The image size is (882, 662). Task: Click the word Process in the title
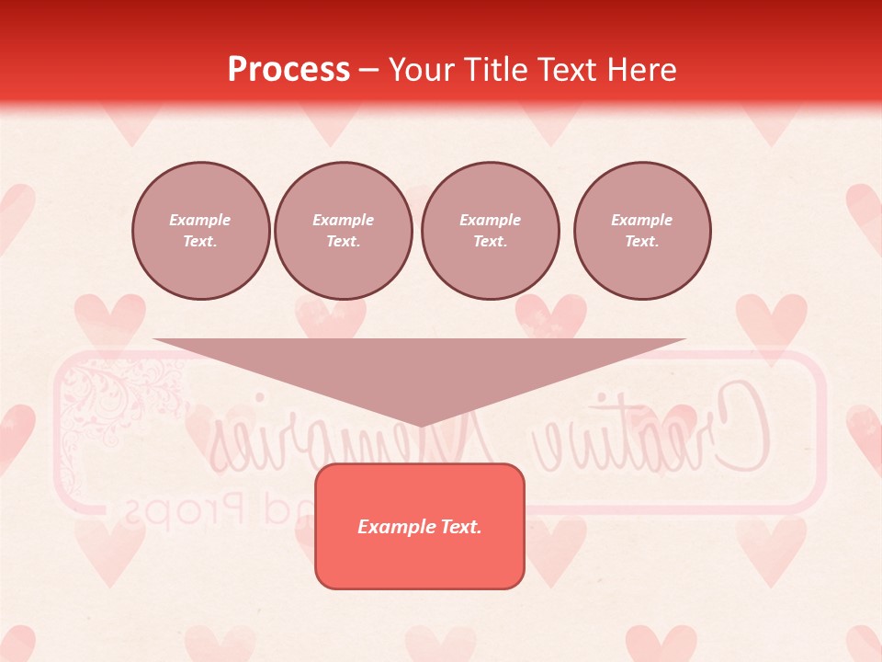(x=288, y=70)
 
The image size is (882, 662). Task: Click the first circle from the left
(x=200, y=231)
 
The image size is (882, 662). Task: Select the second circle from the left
(x=343, y=231)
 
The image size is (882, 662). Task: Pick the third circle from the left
(x=490, y=231)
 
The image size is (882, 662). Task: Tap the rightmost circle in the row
(x=641, y=231)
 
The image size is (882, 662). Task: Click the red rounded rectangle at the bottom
(x=420, y=561)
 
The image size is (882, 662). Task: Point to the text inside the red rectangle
(x=420, y=527)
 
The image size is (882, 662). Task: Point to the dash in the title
(x=368, y=71)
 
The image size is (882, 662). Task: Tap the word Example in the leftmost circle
(x=200, y=221)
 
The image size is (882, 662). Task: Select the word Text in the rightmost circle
(x=641, y=242)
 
